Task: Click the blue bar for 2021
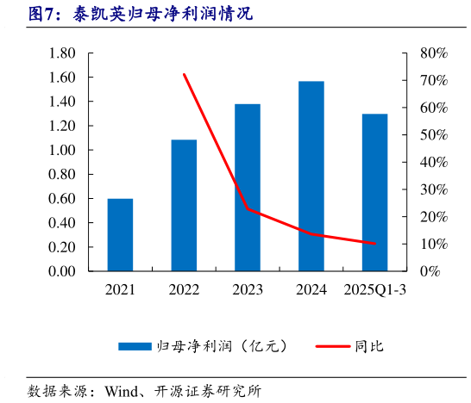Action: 120,234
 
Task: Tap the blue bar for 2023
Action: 248,187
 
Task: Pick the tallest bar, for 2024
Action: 311,176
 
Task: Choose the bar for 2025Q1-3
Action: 374,192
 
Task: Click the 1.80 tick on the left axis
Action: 63,53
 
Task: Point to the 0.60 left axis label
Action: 63,199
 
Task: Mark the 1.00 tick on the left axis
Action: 63,150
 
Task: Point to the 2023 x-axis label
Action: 248,291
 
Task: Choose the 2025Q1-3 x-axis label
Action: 374,291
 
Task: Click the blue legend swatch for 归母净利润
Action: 134,346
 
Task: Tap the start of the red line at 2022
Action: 184,75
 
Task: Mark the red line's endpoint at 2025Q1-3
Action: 374,244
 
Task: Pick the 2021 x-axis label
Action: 120,291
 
